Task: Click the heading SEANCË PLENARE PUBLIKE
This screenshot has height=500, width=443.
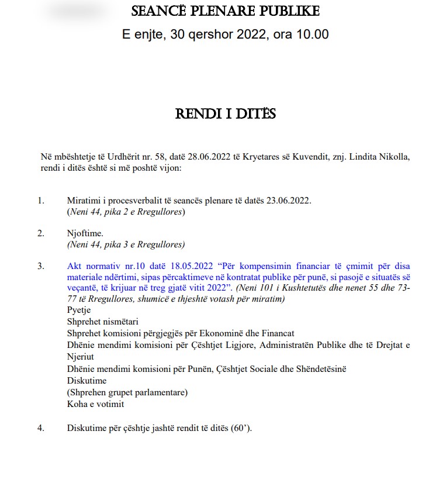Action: click(226, 12)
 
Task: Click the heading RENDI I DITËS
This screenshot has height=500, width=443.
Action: click(226, 113)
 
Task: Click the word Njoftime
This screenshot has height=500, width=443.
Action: click(85, 233)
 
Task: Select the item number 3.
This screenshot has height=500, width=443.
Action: click(41, 266)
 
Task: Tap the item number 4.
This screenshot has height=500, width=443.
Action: click(41, 427)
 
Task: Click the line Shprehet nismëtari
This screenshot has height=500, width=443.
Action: click(99, 322)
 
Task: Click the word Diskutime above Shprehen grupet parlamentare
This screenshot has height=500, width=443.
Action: click(87, 380)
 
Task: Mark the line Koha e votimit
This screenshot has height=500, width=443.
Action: click(96, 404)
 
